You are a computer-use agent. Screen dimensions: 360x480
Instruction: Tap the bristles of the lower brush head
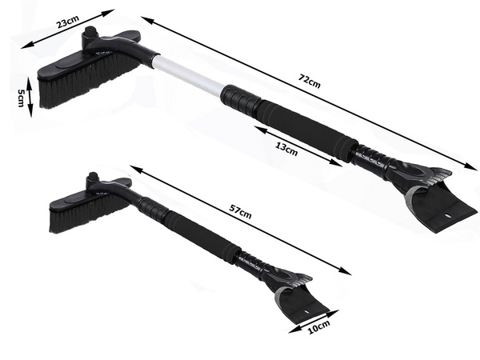click(80, 212)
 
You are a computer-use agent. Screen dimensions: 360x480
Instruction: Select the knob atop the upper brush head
click(90, 35)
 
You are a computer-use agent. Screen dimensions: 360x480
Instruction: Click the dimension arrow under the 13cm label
click(300, 145)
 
